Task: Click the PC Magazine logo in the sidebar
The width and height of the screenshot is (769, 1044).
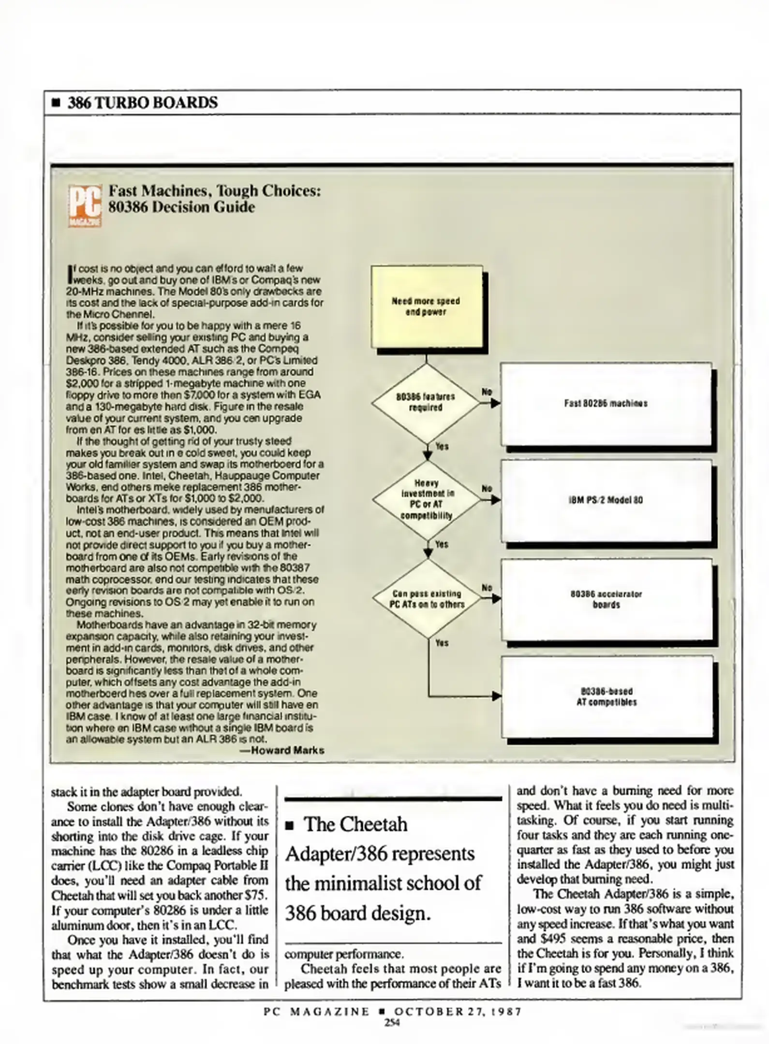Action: pyautogui.click(x=85, y=206)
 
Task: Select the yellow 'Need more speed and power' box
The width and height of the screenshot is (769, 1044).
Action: pyautogui.click(x=426, y=306)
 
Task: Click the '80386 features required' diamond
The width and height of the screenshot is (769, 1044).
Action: pyautogui.click(x=426, y=402)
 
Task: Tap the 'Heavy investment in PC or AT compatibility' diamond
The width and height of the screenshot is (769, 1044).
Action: pyautogui.click(x=427, y=500)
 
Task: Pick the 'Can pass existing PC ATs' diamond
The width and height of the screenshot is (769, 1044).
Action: pyautogui.click(x=427, y=599)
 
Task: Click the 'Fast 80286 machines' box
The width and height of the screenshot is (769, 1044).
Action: pyautogui.click(x=606, y=404)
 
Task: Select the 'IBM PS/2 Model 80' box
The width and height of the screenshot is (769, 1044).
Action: pyautogui.click(x=606, y=501)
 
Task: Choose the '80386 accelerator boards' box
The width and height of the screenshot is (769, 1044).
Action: pyautogui.click(x=606, y=599)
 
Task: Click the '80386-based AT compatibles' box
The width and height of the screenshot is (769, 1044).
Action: pyautogui.click(x=606, y=697)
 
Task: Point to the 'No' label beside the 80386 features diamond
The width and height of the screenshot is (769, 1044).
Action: pyautogui.click(x=487, y=391)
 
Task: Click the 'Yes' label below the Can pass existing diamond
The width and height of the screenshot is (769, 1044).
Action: pyautogui.click(x=442, y=643)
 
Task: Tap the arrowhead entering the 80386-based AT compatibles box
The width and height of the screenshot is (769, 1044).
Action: pyautogui.click(x=496, y=696)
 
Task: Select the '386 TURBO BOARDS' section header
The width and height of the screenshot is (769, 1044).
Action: pyautogui.click(x=143, y=103)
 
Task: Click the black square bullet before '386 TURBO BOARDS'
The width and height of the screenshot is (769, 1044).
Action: pyautogui.click(x=56, y=103)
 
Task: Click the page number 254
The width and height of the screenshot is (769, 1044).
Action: pyautogui.click(x=392, y=1022)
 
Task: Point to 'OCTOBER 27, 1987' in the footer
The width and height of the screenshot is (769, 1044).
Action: pyautogui.click(x=458, y=1012)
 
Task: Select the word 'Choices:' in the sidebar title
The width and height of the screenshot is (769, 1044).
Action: pyautogui.click(x=292, y=191)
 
